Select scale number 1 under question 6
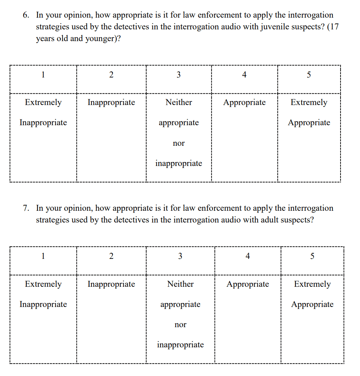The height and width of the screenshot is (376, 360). click(43, 75)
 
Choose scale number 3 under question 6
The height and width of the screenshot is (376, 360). click(179, 75)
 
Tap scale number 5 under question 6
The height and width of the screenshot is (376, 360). click(309, 75)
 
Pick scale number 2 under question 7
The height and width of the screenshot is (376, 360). click(111, 256)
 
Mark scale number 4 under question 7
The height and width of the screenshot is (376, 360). click(248, 256)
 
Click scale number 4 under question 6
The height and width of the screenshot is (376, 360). click(244, 75)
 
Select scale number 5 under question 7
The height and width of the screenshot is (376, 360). click(312, 256)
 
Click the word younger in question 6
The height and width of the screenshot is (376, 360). click(100, 39)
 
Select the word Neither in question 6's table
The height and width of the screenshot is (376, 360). click(179, 102)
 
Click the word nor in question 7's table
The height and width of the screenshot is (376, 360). click(180, 325)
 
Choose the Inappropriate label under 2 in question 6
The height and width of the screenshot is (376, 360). click(111, 102)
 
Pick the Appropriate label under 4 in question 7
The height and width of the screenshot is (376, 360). click(248, 284)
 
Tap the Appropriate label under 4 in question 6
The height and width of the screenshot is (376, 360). click(244, 102)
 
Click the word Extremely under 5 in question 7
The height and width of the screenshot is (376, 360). click(312, 284)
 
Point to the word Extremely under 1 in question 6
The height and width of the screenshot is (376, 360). click(43, 102)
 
